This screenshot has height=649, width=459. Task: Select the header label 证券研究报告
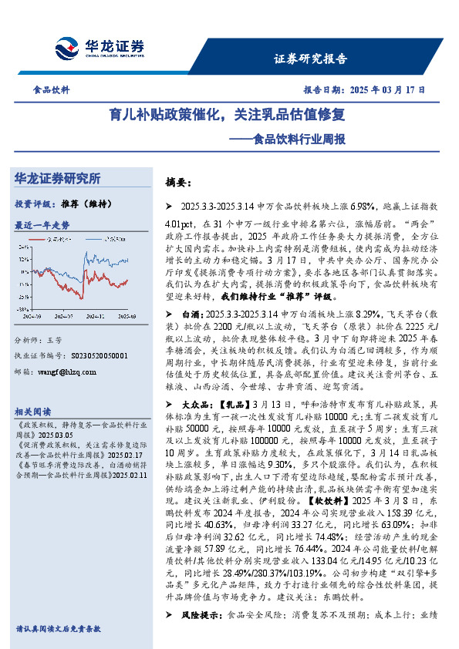tap(310, 59)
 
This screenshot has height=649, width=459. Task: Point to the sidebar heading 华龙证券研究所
tap(57, 179)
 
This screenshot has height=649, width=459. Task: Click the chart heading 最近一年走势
tap(42, 225)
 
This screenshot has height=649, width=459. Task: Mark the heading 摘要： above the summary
tap(178, 183)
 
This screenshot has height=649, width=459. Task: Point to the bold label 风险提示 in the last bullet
tap(198, 615)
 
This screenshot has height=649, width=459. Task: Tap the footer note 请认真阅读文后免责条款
tap(58, 629)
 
